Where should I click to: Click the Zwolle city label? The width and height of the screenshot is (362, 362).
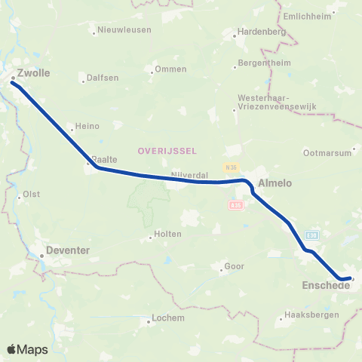coord(32,74)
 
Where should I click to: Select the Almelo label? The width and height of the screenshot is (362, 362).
coord(275,183)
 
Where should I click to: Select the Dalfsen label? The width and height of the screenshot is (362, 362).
coord(102,77)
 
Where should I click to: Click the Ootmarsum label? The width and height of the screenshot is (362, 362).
coord(327,152)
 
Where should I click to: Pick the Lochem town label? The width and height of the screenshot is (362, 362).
coord(167,318)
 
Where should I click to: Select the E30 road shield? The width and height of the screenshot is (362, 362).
coord(312,235)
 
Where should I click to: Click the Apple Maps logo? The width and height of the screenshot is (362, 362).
coord(27,349)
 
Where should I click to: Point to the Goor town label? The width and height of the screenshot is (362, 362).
coord(235,267)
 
